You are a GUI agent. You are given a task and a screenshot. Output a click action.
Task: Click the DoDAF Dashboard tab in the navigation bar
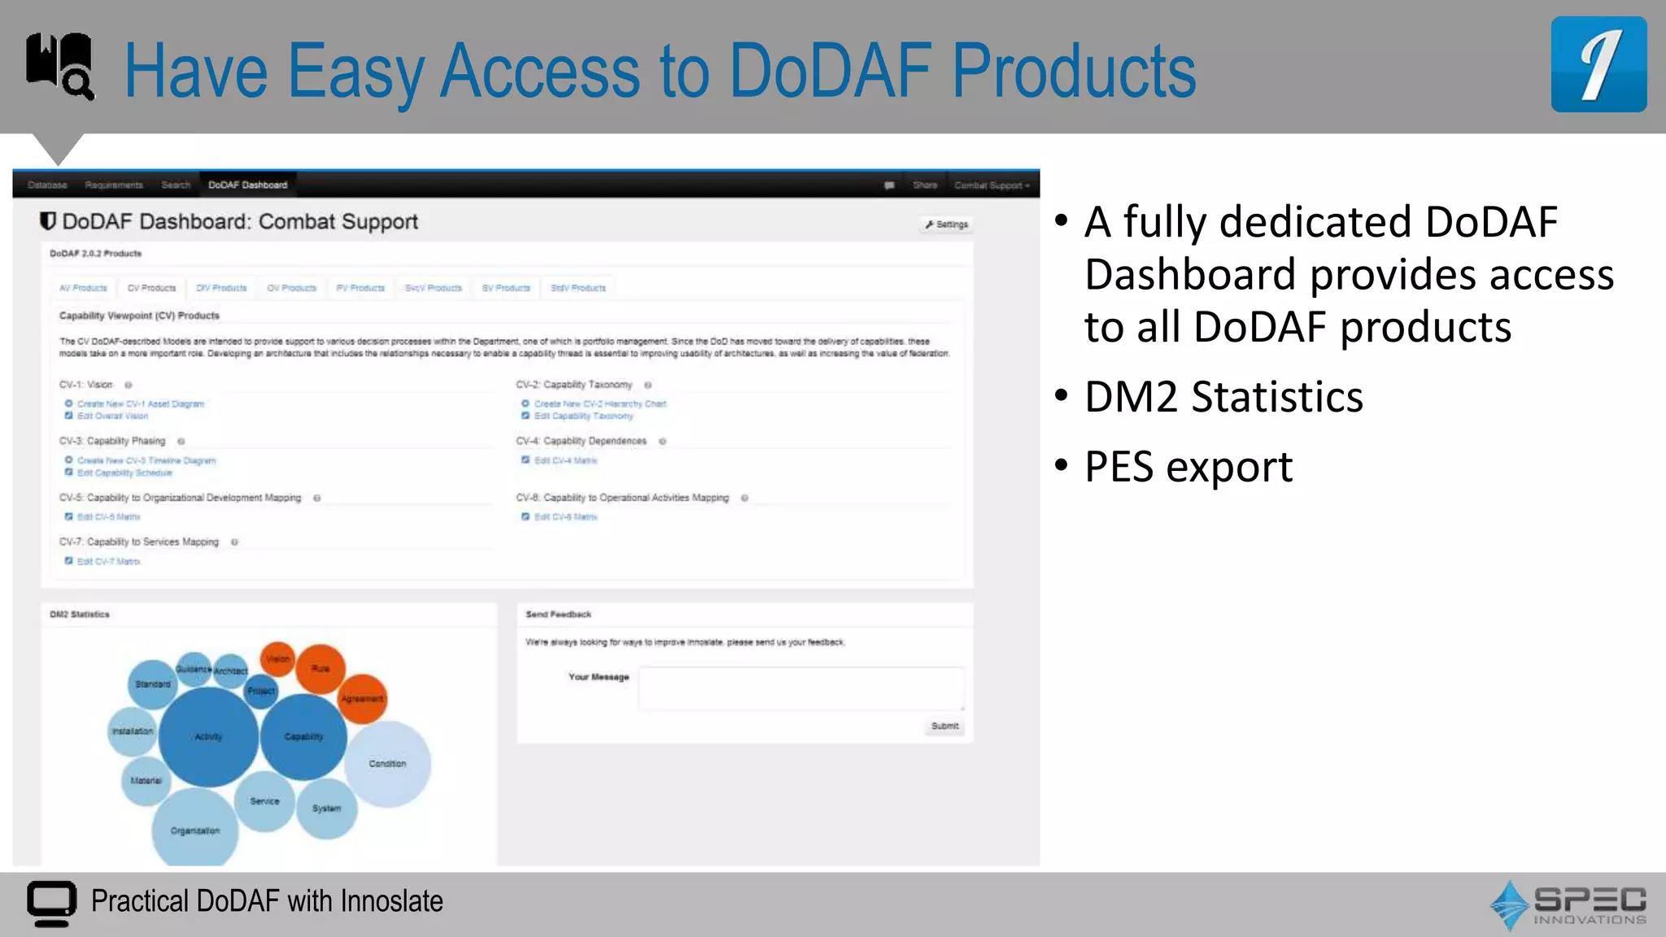247,185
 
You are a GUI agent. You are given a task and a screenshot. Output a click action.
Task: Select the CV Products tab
151,288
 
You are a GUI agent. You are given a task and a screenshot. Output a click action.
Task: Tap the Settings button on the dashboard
947,224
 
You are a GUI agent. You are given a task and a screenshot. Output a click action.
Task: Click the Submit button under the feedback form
944,726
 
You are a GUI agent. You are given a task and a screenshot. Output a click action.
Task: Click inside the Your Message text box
801,688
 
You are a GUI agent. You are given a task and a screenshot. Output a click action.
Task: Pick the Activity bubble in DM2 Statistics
208,737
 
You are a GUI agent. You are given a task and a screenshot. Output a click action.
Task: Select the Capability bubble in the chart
303,737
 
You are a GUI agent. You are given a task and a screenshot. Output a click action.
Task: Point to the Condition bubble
388,764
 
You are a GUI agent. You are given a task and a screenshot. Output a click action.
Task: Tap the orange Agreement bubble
362,699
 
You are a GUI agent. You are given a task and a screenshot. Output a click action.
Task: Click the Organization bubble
195,830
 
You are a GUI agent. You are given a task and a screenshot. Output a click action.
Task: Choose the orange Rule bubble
321,669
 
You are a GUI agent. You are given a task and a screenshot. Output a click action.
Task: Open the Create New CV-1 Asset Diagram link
141,404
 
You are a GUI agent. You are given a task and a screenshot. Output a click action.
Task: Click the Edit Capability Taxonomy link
583,416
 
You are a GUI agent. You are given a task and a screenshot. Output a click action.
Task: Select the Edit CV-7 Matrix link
108,562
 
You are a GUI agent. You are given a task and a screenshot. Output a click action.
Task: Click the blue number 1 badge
1598,64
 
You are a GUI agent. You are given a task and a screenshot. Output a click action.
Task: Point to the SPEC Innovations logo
1568,904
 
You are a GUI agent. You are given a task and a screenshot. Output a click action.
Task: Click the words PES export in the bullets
1188,467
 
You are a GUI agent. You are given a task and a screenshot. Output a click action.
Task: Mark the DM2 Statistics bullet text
1223,397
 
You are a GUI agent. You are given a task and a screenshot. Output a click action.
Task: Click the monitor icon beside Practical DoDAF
51,903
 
